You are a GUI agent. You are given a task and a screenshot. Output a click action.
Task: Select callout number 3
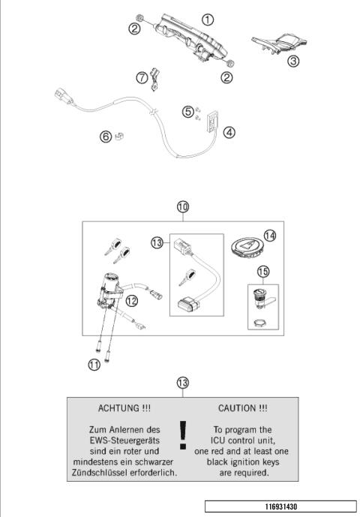[295, 60]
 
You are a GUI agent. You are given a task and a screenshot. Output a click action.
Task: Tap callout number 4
[229, 132]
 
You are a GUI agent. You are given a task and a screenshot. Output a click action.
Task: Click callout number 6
[106, 136]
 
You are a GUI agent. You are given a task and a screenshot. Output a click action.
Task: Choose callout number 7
[142, 77]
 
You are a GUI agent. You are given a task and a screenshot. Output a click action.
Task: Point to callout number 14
[269, 235]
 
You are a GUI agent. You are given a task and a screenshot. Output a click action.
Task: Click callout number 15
[263, 270]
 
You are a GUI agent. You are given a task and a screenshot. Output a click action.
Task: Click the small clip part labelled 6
[119, 136]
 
